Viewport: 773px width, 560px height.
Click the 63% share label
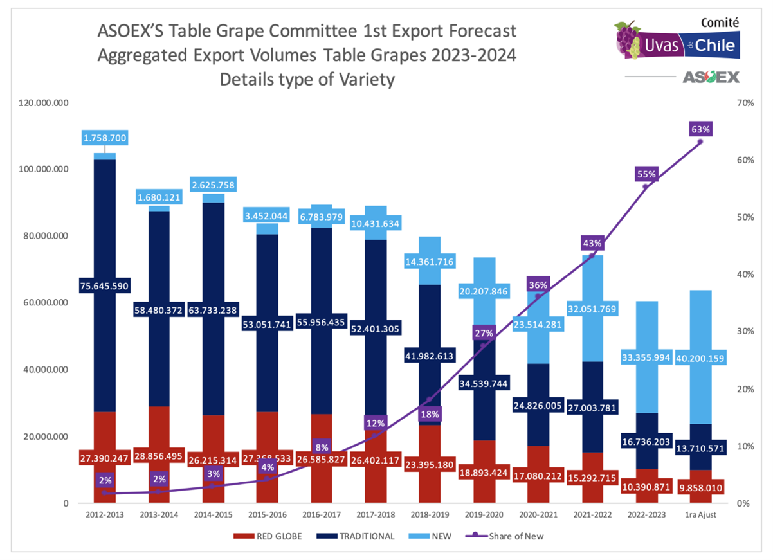pyautogui.click(x=700, y=129)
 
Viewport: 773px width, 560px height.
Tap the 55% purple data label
pyautogui.click(x=646, y=174)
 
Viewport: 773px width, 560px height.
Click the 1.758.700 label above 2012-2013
pyautogui.click(x=105, y=137)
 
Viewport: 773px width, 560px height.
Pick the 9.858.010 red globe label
pyautogui.click(x=700, y=488)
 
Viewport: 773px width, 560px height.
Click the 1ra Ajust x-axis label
pyautogui.click(x=700, y=514)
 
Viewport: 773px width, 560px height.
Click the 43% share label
pyautogui.click(x=592, y=244)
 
